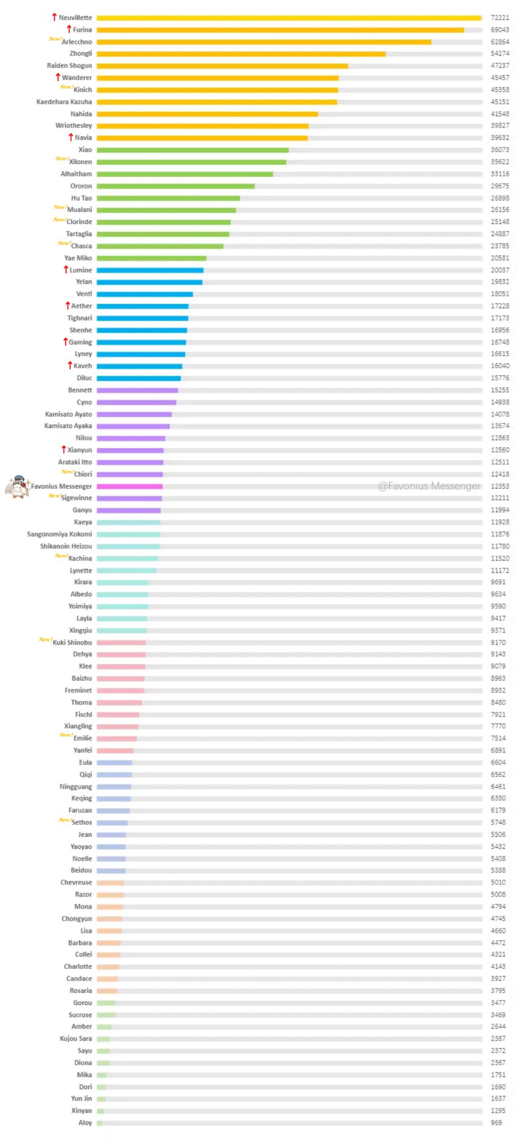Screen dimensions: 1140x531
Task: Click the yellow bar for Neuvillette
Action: click(289, 18)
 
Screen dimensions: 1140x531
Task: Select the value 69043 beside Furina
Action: click(500, 30)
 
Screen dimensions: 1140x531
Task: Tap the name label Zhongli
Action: click(81, 54)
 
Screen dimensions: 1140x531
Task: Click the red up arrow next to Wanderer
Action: click(58, 77)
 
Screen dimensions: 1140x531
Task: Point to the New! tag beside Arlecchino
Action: click(55, 39)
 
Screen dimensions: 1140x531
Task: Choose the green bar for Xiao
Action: click(193, 150)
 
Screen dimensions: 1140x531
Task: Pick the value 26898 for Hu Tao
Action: click(500, 198)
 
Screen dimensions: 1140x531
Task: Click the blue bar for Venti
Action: click(145, 294)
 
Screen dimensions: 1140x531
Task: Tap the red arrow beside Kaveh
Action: click(70, 365)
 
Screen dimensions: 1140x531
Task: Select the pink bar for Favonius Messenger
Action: click(130, 486)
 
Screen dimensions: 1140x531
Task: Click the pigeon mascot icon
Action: click(18, 486)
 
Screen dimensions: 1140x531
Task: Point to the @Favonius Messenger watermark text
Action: click(429, 486)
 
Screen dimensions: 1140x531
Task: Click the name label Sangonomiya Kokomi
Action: click(59, 534)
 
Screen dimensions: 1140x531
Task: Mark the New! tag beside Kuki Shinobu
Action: click(45, 640)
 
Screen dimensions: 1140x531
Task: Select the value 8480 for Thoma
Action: click(498, 702)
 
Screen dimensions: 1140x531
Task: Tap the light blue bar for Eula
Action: click(115, 763)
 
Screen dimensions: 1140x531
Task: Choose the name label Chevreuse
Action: click(76, 882)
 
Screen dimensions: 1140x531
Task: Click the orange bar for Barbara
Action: click(109, 943)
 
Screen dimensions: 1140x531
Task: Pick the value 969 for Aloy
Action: click(496, 1122)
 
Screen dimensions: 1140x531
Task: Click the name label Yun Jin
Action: click(81, 1098)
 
